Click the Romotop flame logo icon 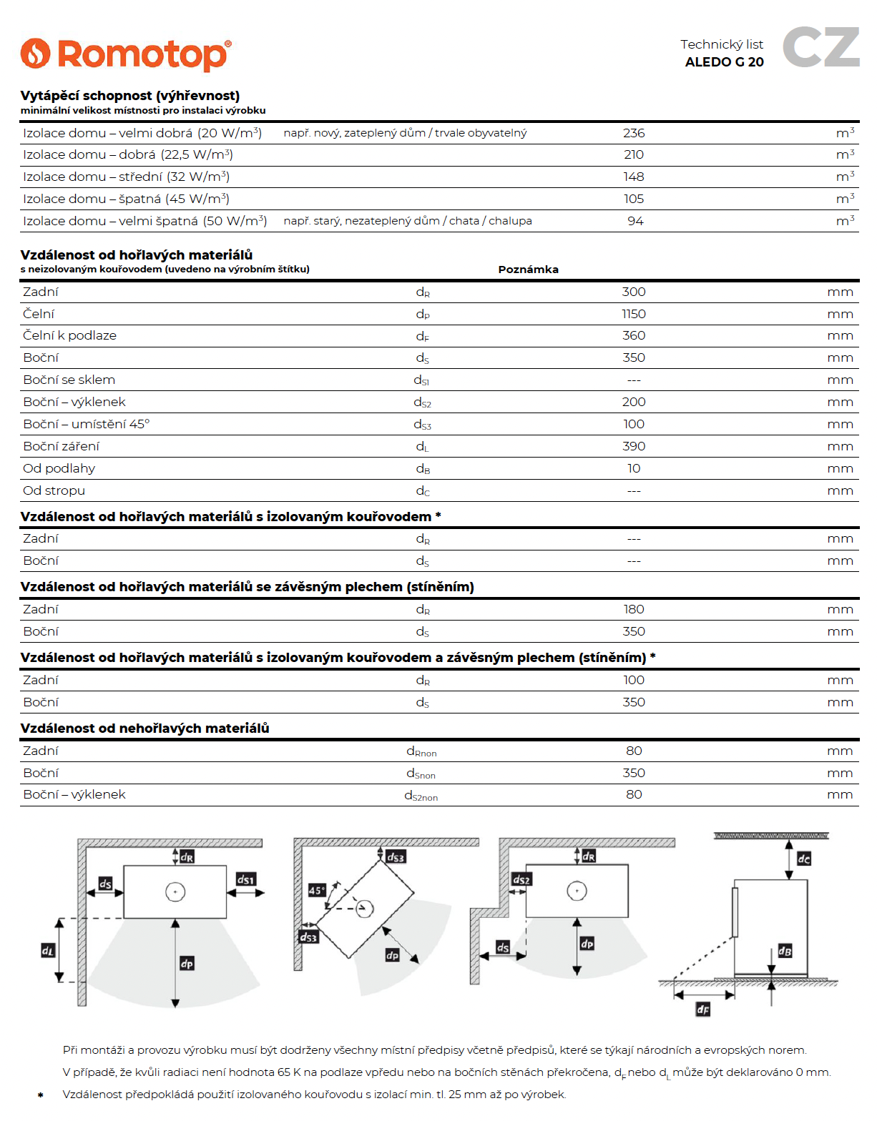point(35,54)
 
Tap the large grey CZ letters point(820,47)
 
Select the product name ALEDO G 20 point(724,62)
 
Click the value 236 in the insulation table point(634,133)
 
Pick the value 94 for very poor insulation point(635,221)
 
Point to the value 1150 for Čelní point(634,314)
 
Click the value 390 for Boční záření point(634,446)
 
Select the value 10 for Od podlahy point(634,468)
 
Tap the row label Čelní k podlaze point(69,335)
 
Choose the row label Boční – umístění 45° point(86,424)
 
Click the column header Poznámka point(528,270)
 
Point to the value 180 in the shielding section point(634,609)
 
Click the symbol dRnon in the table point(421,751)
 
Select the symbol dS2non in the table point(421,795)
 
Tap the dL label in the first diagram point(48,950)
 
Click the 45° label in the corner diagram point(316,890)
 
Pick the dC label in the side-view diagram point(804,859)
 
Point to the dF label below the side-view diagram point(703,1009)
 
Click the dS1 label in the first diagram point(245,879)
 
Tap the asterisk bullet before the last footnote point(41,1095)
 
